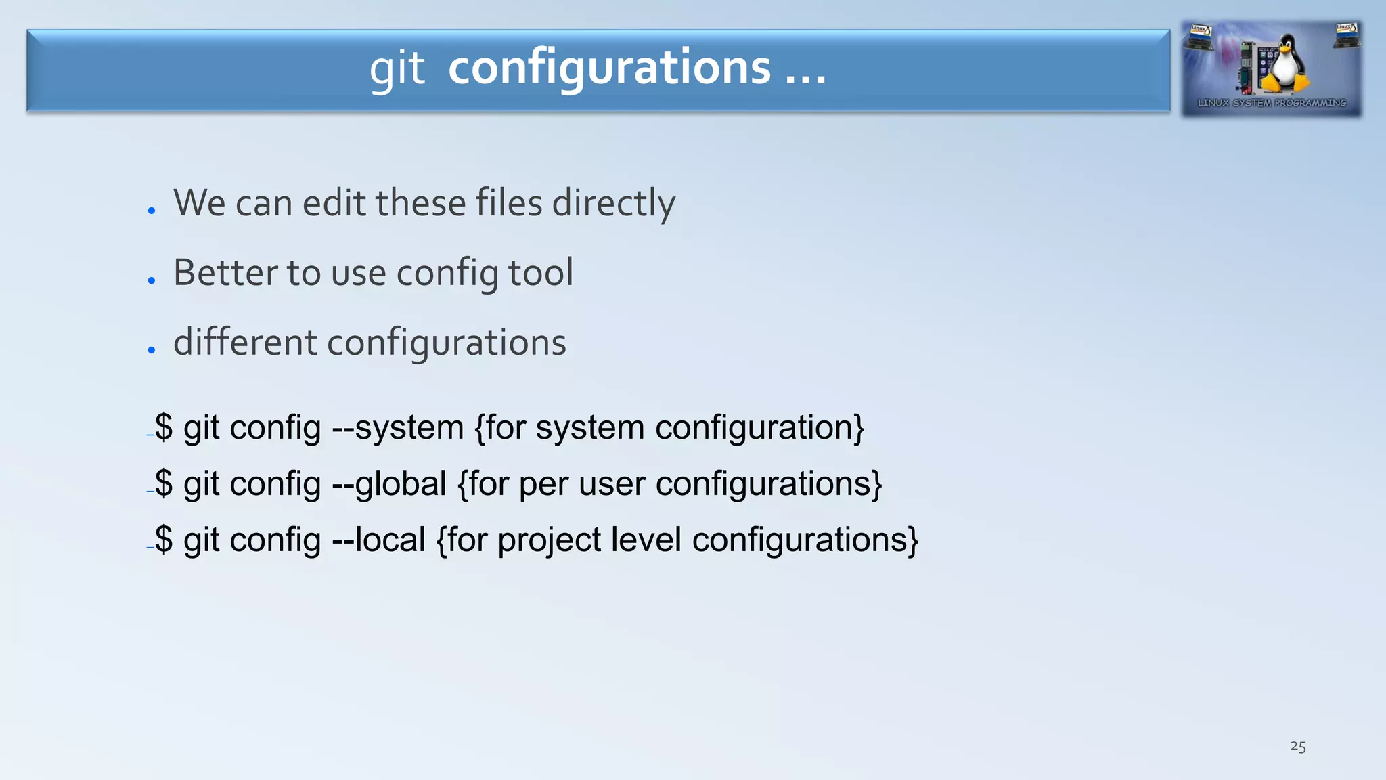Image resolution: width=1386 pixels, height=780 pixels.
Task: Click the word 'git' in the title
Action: pyautogui.click(x=397, y=69)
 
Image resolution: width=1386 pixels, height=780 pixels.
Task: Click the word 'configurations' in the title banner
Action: pyautogui.click(x=609, y=68)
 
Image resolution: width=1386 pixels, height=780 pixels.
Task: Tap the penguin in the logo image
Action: pyautogui.click(x=1283, y=64)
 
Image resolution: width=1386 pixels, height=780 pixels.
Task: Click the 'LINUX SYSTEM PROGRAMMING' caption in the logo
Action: pyautogui.click(x=1272, y=103)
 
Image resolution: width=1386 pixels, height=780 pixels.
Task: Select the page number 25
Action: pyautogui.click(x=1297, y=746)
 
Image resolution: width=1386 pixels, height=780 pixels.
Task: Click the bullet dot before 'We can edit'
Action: pyautogui.click(x=152, y=211)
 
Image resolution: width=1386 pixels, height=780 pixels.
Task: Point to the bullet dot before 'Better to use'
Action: pyautogui.click(x=152, y=280)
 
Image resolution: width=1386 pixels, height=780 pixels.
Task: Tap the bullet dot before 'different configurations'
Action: pyautogui.click(x=152, y=350)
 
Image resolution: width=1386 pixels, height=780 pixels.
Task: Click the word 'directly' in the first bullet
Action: pyautogui.click(x=613, y=203)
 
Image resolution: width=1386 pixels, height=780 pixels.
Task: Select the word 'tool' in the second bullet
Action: pyautogui.click(x=540, y=272)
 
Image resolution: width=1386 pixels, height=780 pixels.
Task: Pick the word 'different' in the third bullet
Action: pyautogui.click(x=244, y=342)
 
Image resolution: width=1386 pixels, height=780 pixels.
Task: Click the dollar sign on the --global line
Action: pyautogui.click(x=164, y=484)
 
